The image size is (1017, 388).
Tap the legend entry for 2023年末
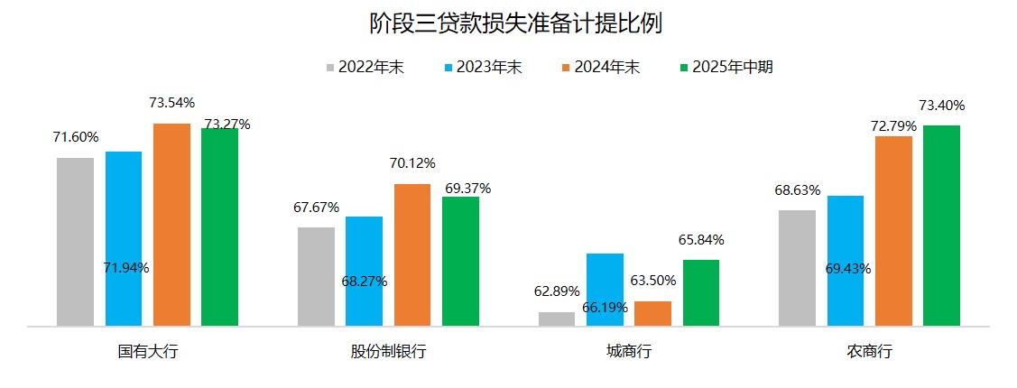tap(483, 67)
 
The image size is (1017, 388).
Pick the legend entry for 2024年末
tap(600, 67)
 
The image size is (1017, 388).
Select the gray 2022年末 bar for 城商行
tap(557, 319)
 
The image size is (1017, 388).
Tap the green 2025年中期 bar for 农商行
tap(942, 225)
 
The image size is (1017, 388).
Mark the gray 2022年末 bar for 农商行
tap(797, 267)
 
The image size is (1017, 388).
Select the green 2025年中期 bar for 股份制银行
tap(460, 261)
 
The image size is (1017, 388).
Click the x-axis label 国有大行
tap(148, 351)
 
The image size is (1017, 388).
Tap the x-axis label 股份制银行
tap(388, 351)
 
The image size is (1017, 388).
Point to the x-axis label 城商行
tap(629, 351)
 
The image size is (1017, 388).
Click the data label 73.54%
tap(172, 103)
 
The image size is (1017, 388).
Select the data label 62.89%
tap(557, 291)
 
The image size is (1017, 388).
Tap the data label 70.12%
tap(412, 163)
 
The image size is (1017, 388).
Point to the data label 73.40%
tap(942, 105)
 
